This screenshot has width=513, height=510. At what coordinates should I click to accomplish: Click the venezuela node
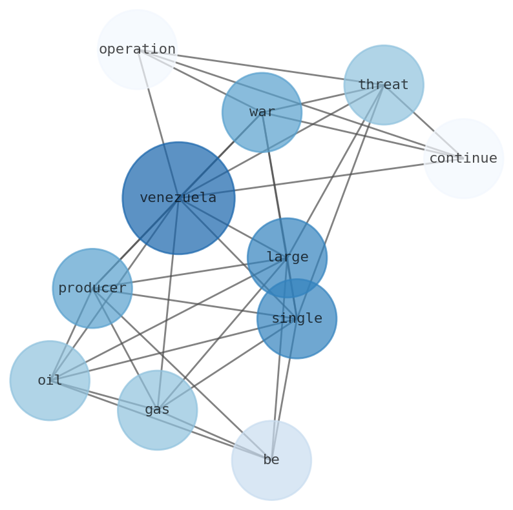coord(178,198)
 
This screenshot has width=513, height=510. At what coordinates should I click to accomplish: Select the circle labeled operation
coord(137,49)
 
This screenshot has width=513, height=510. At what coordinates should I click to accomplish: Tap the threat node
coord(384,85)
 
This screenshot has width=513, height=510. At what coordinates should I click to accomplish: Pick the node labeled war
coord(262,112)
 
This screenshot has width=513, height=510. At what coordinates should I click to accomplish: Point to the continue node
coord(463,158)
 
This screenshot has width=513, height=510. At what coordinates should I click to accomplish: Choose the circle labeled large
coord(287,257)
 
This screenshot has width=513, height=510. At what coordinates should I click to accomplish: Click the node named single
coord(297,318)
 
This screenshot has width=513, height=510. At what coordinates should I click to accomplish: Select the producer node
coord(92,288)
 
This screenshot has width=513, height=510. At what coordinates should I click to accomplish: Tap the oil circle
coord(50,380)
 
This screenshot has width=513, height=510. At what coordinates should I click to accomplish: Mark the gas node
coord(157,410)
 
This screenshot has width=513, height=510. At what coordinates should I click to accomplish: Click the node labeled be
coord(271,460)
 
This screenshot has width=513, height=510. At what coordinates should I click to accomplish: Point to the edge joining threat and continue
coord(423,121)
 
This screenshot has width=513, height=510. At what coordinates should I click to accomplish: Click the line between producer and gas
coord(125,349)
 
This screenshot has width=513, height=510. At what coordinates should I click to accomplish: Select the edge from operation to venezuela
coord(158,123)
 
